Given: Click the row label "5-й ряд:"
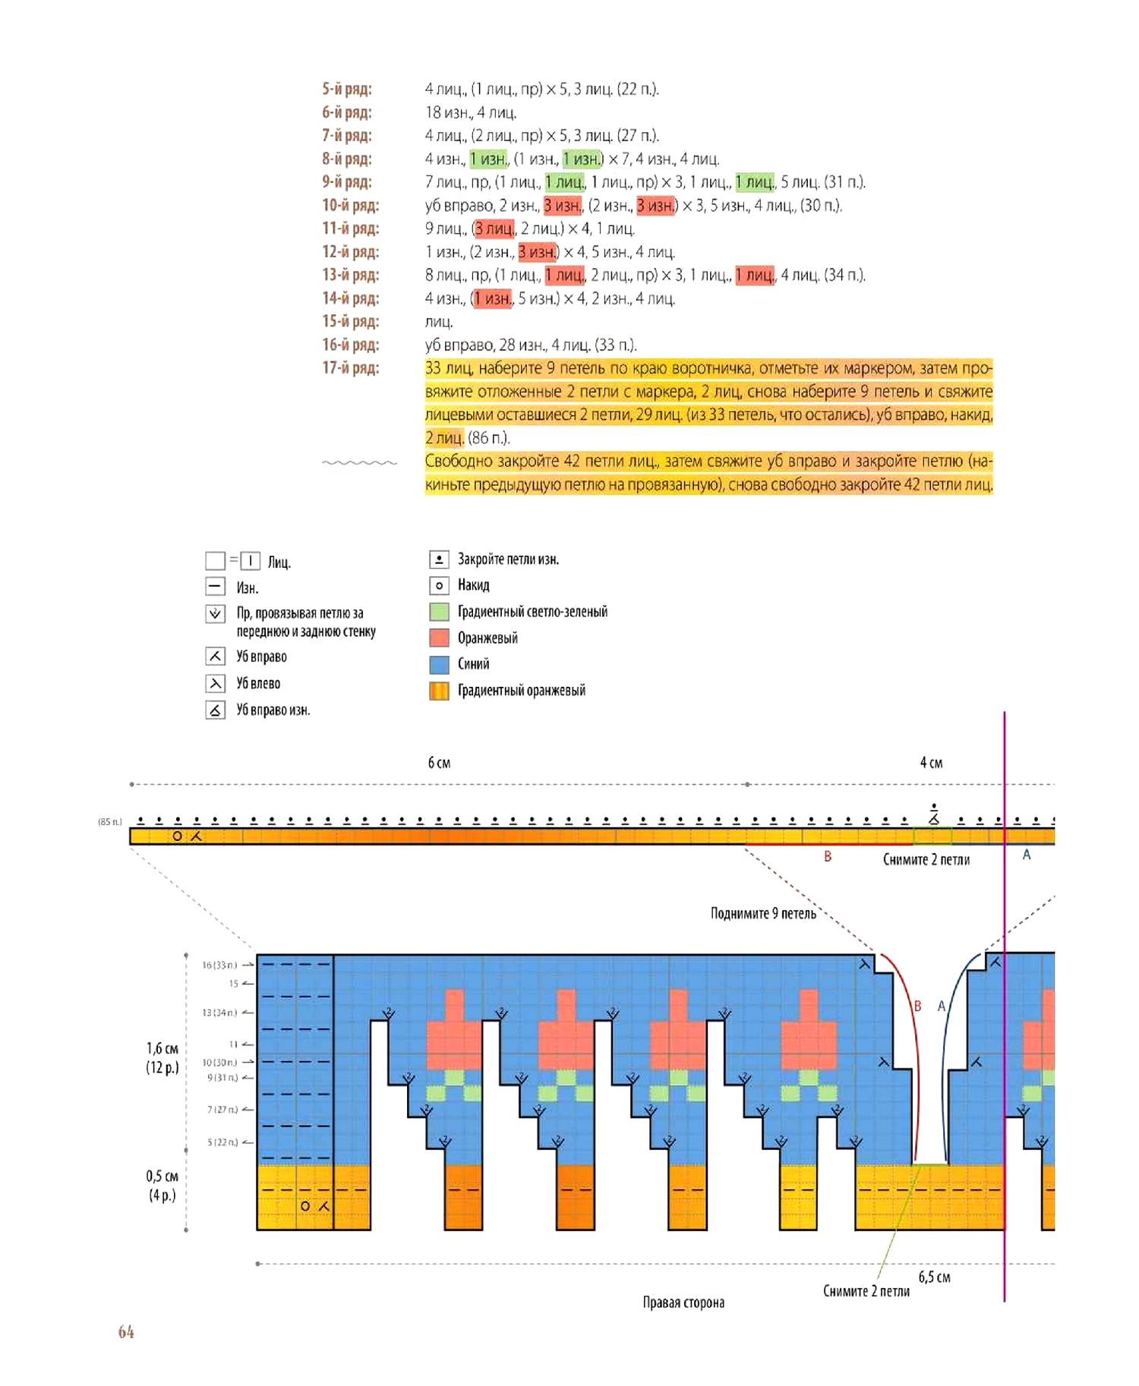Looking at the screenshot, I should click(x=346, y=90).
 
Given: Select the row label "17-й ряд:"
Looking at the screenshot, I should click(x=350, y=368).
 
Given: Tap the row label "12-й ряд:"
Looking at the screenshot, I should click(x=350, y=252).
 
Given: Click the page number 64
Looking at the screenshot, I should click(x=126, y=1331).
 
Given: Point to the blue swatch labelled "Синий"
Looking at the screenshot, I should click(x=439, y=664).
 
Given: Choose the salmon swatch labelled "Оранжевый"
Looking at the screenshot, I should click(x=439, y=638).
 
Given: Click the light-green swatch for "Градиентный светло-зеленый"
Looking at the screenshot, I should click(x=439, y=612).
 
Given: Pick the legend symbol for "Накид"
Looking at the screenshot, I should click(x=438, y=585).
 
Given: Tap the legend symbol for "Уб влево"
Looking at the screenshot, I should click(x=216, y=684).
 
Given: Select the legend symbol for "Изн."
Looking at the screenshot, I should click(x=216, y=587).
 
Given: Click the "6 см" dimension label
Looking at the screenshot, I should click(x=439, y=763).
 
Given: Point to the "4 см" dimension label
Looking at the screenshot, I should click(x=931, y=763).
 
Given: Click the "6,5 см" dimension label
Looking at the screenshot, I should click(x=934, y=1277).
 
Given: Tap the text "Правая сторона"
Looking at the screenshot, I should click(x=683, y=1303).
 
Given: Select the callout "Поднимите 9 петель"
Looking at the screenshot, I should click(x=763, y=913).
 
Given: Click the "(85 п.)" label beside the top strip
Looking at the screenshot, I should click(x=109, y=822).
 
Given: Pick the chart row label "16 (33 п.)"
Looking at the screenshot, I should click(x=219, y=965).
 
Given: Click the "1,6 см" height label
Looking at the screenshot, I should click(x=162, y=1048).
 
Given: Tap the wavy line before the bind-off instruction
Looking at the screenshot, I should click(x=359, y=462).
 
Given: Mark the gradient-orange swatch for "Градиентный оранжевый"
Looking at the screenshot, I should click(x=439, y=691).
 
